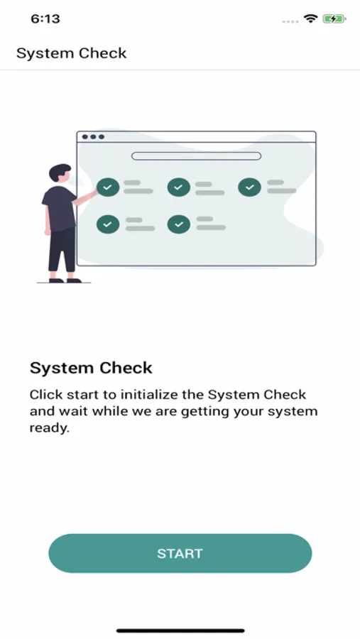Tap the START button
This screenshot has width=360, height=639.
point(180,553)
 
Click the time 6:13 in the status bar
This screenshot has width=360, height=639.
point(45,18)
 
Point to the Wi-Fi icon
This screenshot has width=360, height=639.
point(311,18)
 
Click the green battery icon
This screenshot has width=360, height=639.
point(334,18)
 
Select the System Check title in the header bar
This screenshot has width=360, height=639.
point(71,53)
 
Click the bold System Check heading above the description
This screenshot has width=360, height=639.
point(91,368)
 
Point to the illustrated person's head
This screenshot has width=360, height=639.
point(60,173)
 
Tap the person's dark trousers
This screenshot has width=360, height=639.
point(62,250)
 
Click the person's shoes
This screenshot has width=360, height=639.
point(65,280)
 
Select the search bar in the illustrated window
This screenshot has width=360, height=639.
point(196,156)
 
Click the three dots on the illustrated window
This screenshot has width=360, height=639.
point(93,136)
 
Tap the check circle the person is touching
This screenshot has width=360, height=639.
point(108,187)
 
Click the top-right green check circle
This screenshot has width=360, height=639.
point(249,187)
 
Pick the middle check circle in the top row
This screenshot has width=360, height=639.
point(178,187)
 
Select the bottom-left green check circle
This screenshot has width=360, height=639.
point(108,224)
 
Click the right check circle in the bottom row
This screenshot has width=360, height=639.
point(178,224)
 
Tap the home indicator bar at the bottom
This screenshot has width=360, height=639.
point(180,631)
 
